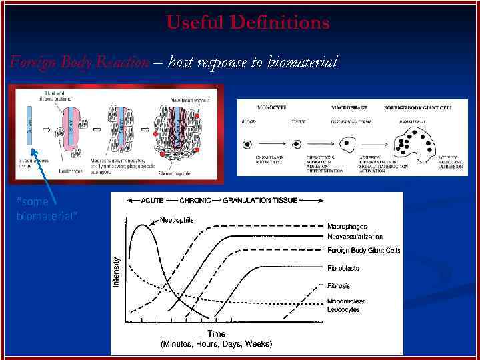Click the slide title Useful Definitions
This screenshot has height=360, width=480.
tap(247, 23)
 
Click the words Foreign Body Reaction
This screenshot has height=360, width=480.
tap(79, 63)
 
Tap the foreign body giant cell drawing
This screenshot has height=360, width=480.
tap(413, 143)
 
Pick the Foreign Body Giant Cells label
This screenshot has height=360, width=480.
tap(364, 251)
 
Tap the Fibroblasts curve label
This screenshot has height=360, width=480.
tap(343, 268)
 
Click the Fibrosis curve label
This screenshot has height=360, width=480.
tap(339, 286)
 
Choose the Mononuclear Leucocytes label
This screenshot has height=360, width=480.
tap(345, 305)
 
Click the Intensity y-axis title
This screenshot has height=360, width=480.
tap(118, 272)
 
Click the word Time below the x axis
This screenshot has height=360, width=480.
tap(216, 333)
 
